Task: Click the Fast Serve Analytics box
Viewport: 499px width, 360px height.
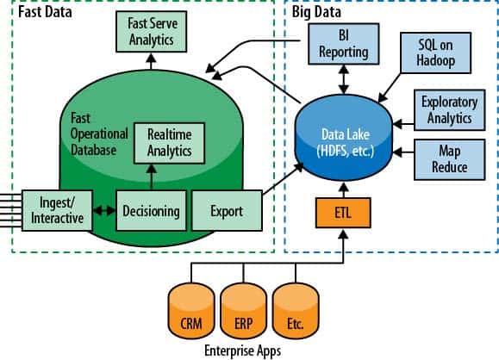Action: tap(151, 32)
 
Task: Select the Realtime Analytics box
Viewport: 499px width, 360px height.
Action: tap(169, 143)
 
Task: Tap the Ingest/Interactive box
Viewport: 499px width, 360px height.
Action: tap(57, 210)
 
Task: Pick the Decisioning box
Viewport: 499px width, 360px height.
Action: tap(151, 210)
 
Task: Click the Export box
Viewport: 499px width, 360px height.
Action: tap(227, 210)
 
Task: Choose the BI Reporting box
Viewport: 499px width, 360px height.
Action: tap(344, 44)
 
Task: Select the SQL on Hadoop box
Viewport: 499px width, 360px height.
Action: tap(436, 53)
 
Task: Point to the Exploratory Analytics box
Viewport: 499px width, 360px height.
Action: tap(450, 110)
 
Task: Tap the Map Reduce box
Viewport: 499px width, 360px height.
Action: tap(450, 159)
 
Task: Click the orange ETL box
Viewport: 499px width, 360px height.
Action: tap(343, 213)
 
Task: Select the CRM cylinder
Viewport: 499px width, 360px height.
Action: tap(191, 311)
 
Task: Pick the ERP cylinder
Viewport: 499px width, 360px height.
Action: tap(243, 311)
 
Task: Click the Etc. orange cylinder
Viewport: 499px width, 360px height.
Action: tap(296, 311)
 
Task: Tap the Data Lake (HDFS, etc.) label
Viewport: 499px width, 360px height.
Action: tap(346, 142)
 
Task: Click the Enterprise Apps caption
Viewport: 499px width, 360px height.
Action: tap(243, 351)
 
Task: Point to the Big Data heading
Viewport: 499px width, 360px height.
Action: tap(316, 12)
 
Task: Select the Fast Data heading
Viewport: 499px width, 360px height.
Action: tap(45, 12)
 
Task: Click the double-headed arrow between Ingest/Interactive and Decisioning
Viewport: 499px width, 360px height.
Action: tap(104, 210)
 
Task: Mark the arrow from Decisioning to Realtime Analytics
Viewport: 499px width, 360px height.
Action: tap(151, 177)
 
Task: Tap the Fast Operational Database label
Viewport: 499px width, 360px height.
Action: tap(99, 133)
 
